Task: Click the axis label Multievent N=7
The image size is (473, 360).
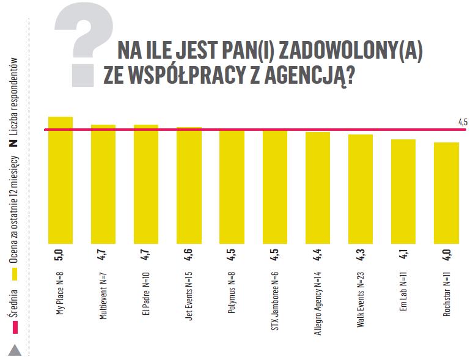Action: tap(103, 294)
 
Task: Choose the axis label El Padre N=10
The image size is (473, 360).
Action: tap(146, 291)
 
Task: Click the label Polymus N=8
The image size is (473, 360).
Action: tap(232, 287)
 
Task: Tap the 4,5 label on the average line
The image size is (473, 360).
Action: tap(463, 123)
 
